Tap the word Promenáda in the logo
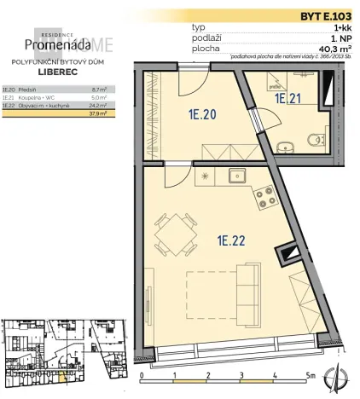[54, 43]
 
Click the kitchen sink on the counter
[235, 177]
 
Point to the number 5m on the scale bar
[311, 374]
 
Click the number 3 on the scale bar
[241, 374]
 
